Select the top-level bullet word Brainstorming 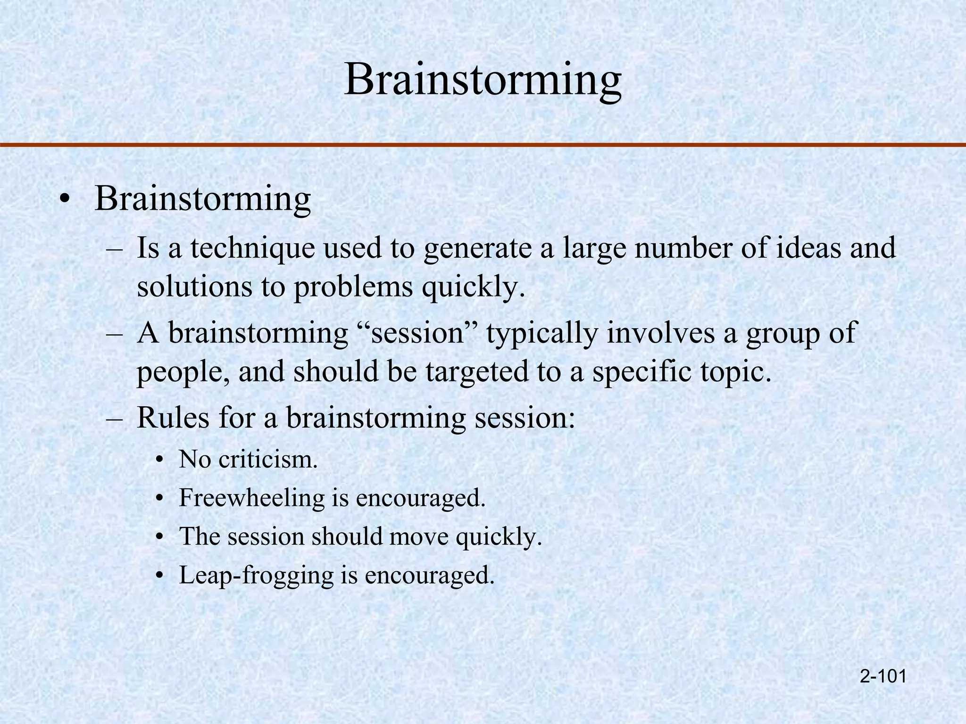[x=203, y=199]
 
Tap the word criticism [x=268, y=459]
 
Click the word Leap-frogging [x=256, y=576]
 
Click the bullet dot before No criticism [x=160, y=460]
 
